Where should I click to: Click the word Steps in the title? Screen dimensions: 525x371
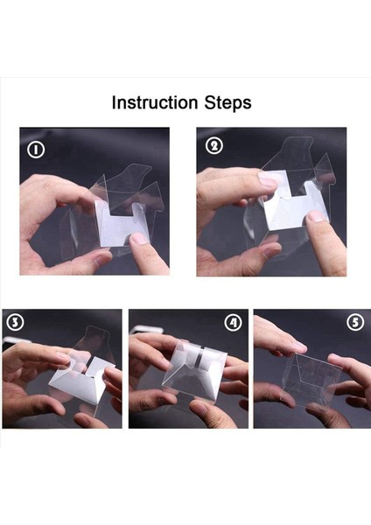coord(226,103)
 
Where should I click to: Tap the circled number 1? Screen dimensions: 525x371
coord(36,150)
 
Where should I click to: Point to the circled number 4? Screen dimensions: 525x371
coord(233,322)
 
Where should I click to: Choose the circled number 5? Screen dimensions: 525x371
coord(353,322)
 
